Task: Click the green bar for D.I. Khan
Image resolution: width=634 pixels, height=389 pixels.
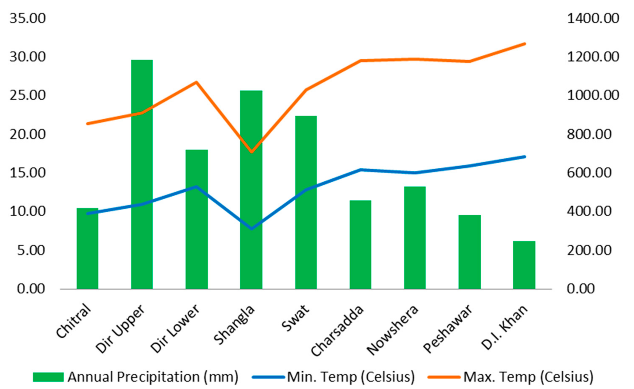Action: tap(524, 265)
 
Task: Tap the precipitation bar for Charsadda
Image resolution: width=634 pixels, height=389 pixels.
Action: tap(360, 245)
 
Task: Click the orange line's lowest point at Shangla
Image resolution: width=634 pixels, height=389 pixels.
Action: tap(252, 152)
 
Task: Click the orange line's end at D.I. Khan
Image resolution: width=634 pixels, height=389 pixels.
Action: tap(525, 44)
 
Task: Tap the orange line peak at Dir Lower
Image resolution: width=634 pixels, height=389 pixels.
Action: tap(196, 82)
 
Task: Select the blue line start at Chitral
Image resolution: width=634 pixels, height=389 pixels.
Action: tap(88, 214)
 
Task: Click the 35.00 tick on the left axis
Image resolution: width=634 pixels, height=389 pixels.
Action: tap(27, 19)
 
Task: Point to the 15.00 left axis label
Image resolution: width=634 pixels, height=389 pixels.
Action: tap(27, 173)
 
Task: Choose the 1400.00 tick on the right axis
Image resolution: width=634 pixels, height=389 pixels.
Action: tap(593, 19)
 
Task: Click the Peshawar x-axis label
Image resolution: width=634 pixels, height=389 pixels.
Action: tap(447, 329)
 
